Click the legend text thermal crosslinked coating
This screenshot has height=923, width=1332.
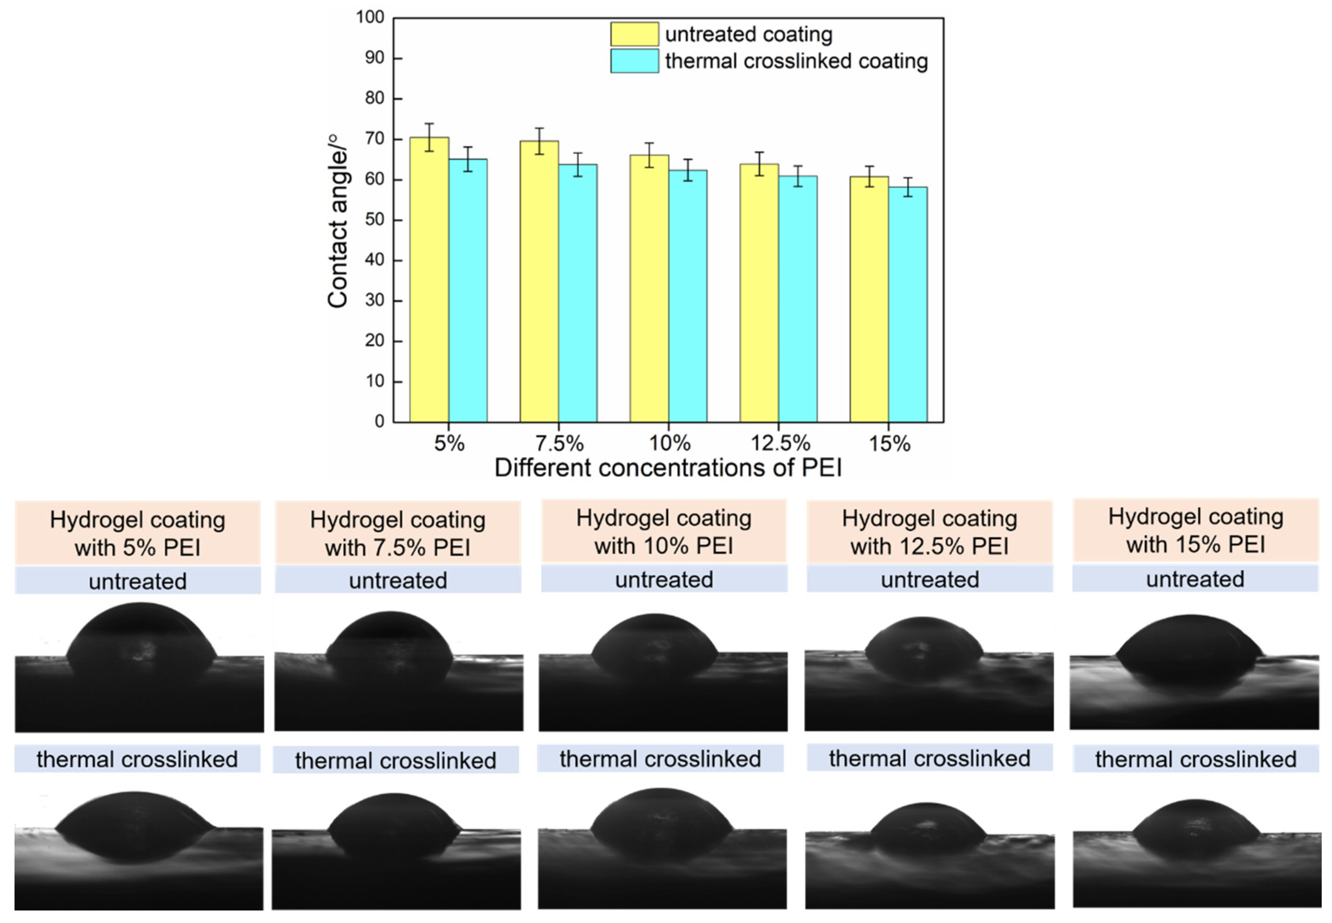tap(796, 61)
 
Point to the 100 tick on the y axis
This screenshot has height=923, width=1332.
tap(370, 17)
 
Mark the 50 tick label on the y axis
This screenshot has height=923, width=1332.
tap(375, 220)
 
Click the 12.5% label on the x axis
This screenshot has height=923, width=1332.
tap(780, 444)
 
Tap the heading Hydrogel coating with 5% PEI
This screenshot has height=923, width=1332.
tap(138, 533)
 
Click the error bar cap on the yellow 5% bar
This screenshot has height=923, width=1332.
tap(429, 124)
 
